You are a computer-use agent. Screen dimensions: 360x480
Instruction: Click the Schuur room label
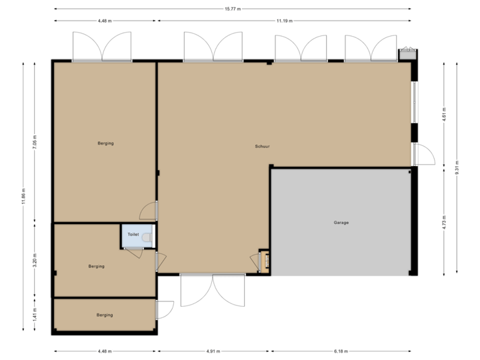(x=262, y=146)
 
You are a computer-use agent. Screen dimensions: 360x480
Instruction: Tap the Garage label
(x=341, y=222)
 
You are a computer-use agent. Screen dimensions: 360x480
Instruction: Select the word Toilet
(x=133, y=235)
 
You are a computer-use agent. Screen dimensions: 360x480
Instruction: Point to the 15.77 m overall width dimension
(x=233, y=9)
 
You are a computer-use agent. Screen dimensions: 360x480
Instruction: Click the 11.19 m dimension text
(x=284, y=21)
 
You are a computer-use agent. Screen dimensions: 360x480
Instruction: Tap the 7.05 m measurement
(x=35, y=142)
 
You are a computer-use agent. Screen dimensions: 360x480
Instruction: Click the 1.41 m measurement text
(x=35, y=314)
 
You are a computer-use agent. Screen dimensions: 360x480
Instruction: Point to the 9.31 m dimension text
(x=456, y=167)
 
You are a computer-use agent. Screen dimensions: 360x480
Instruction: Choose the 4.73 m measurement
(x=444, y=222)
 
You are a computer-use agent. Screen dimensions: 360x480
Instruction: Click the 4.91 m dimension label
(x=213, y=351)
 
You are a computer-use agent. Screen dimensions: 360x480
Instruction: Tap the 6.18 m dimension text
(x=340, y=351)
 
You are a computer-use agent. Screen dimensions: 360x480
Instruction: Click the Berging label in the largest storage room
(x=105, y=143)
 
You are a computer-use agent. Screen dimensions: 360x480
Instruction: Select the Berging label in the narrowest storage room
(x=104, y=315)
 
